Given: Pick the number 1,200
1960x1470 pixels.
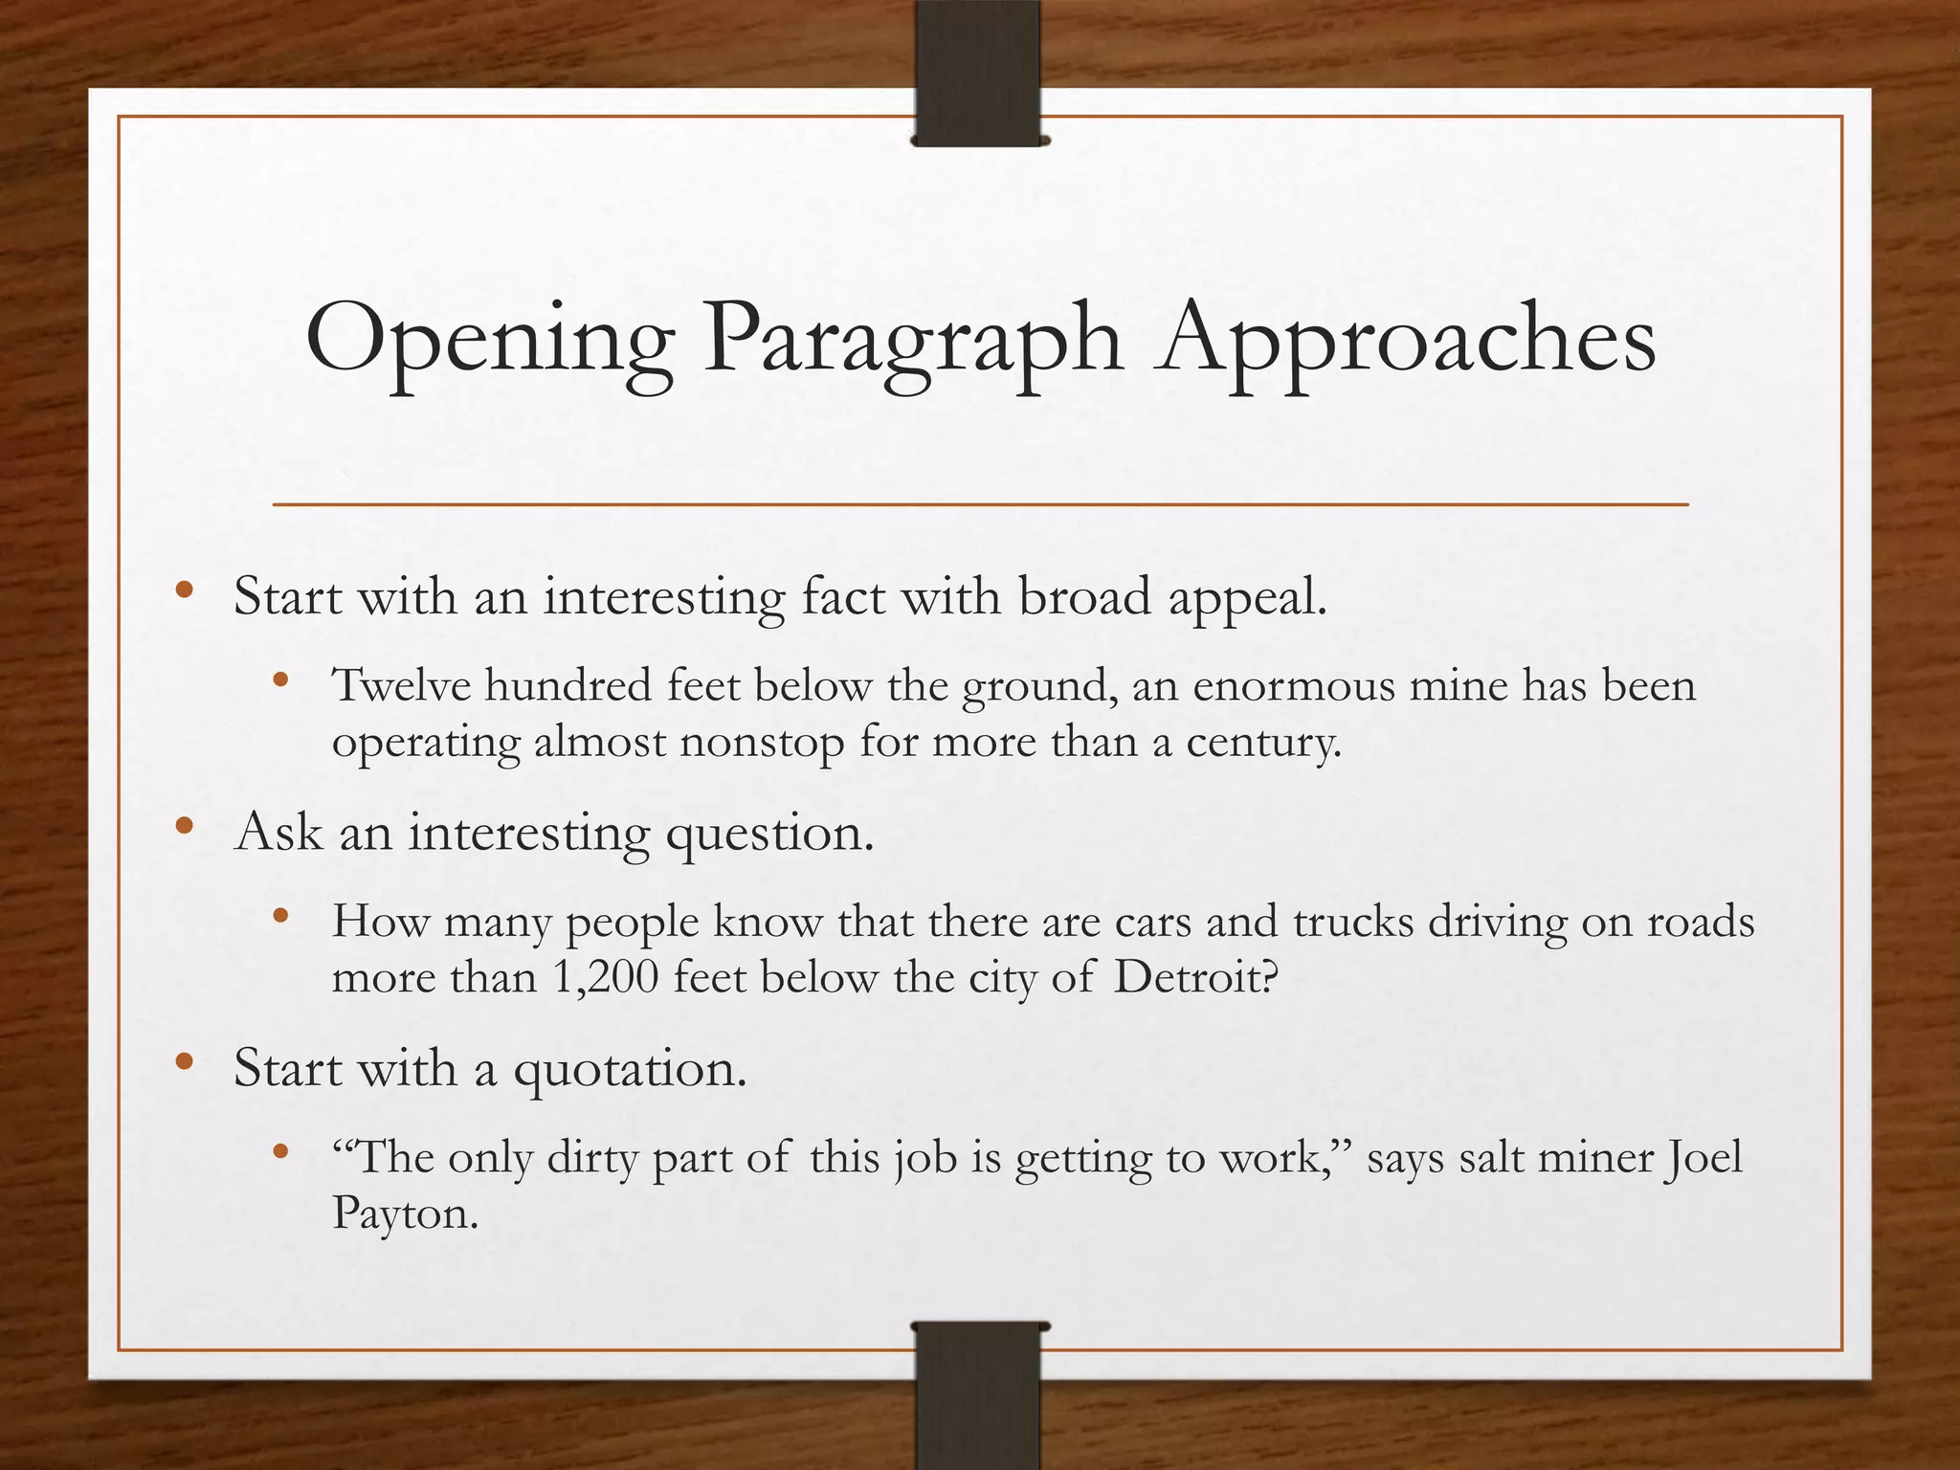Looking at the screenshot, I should tap(605, 977).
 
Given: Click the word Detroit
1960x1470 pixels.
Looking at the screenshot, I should tap(1196, 977).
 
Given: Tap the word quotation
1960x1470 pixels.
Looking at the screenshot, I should tap(630, 1068).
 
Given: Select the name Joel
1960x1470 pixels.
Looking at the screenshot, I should tap(1704, 1157).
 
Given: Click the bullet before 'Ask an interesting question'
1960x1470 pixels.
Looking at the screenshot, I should tap(185, 825).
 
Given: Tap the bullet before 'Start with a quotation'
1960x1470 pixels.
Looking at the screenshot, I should tap(185, 1060).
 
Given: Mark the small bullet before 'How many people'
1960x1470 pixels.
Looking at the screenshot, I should tap(280, 916).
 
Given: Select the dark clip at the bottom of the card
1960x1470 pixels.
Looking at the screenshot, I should tap(978, 1393).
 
